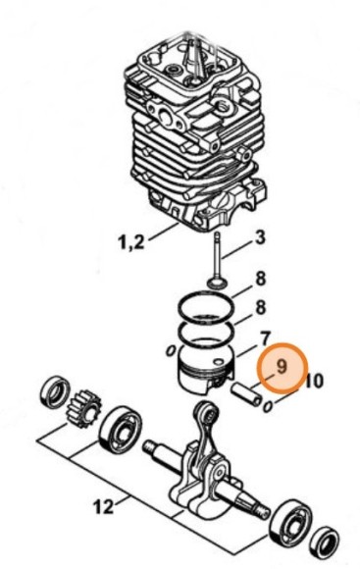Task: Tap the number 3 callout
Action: [260, 236]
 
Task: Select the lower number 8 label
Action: [260, 308]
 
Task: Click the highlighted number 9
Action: [282, 367]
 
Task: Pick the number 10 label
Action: [315, 381]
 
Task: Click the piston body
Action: [207, 370]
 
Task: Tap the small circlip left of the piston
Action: [170, 351]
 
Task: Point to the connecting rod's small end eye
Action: [205, 413]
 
